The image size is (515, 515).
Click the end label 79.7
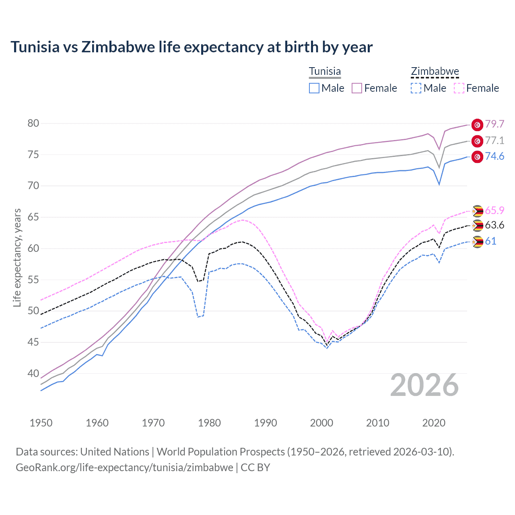[x=494, y=124]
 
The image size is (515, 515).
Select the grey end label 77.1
[x=494, y=140]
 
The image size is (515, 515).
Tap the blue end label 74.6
[x=494, y=156]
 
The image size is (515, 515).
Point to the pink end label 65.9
[x=494, y=210]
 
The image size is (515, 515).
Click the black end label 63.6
[x=494, y=225]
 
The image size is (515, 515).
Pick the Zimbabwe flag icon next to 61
[x=477, y=242]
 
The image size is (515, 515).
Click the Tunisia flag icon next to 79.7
[x=477, y=125]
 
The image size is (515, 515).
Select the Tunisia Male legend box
[x=314, y=88]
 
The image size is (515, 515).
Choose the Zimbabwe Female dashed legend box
[x=459, y=88]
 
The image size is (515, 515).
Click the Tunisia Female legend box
[x=357, y=88]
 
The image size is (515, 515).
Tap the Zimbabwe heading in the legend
[x=435, y=71]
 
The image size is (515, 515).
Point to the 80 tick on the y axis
[x=33, y=123]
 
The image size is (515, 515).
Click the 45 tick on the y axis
[x=33, y=342]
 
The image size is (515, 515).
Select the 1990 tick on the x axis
[x=266, y=423]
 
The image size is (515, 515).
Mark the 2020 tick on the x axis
[x=434, y=423]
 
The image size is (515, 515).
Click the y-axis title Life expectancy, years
[x=17, y=257]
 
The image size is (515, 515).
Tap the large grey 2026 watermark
[x=424, y=385]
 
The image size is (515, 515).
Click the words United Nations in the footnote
[x=115, y=452]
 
